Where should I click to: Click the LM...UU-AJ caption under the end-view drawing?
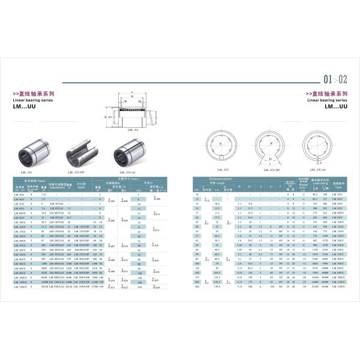pos(319,170)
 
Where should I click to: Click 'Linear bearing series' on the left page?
pos(30,100)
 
